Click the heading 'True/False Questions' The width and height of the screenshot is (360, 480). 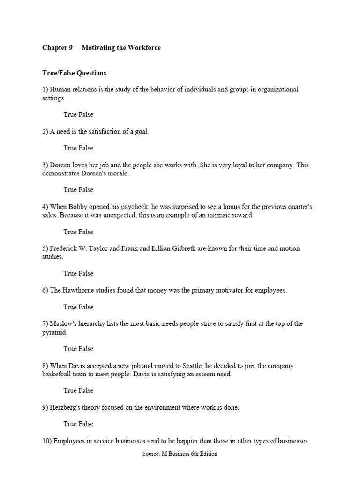[x=74, y=73]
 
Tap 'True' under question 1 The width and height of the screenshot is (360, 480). [x=70, y=114]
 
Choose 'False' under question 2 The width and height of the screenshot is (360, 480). [x=86, y=148]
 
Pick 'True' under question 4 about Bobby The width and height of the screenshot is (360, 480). [x=70, y=232]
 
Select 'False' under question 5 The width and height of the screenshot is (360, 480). [x=86, y=273]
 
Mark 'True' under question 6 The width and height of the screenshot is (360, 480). [x=70, y=307]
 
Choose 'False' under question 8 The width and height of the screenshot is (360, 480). [x=86, y=390]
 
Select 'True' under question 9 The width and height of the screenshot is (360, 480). [x=70, y=424]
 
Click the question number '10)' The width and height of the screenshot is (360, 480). [x=46, y=441]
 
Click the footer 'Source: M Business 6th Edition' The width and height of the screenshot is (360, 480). [x=180, y=454]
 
